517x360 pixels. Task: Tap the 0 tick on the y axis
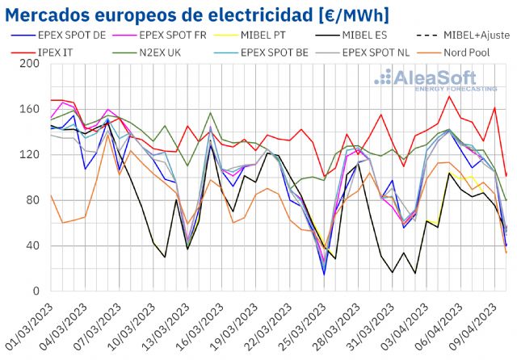[x=36, y=291]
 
